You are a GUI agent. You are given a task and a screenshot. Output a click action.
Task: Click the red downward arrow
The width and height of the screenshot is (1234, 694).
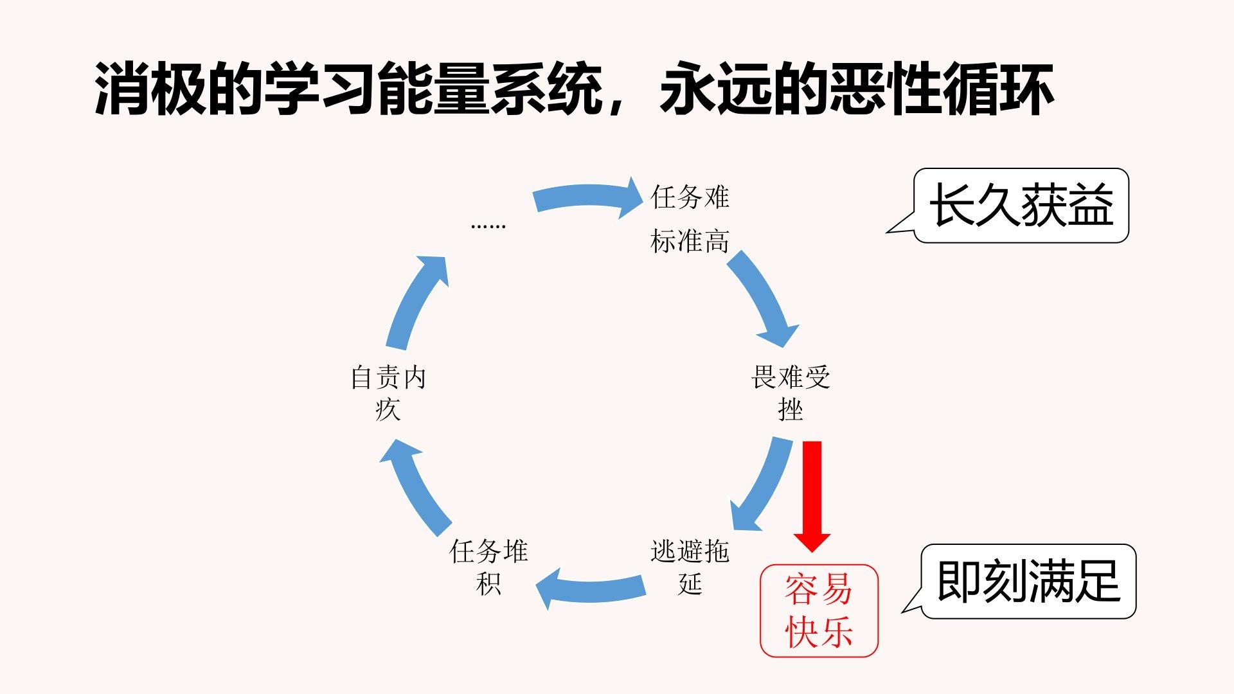(x=812, y=495)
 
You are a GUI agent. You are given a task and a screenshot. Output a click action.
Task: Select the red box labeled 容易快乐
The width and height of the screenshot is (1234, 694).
(x=819, y=610)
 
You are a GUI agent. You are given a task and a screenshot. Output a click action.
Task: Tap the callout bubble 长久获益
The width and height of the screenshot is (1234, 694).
(x=1021, y=206)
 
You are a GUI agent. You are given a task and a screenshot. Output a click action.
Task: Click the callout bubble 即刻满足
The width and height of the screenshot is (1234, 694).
(x=1028, y=582)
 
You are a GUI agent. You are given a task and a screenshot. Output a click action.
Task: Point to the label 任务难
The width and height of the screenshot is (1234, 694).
(x=690, y=197)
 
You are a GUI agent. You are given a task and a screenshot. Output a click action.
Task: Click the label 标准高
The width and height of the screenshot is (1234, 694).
(x=690, y=242)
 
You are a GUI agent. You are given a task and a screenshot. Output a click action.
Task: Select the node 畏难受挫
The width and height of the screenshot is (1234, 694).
(x=791, y=393)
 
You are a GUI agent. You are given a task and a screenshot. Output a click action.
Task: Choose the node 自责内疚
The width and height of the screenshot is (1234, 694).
(x=388, y=393)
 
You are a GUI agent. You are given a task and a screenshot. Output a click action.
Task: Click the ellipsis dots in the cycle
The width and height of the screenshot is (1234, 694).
(x=488, y=226)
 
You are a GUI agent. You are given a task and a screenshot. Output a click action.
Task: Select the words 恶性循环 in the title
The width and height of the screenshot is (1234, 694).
(x=942, y=89)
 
